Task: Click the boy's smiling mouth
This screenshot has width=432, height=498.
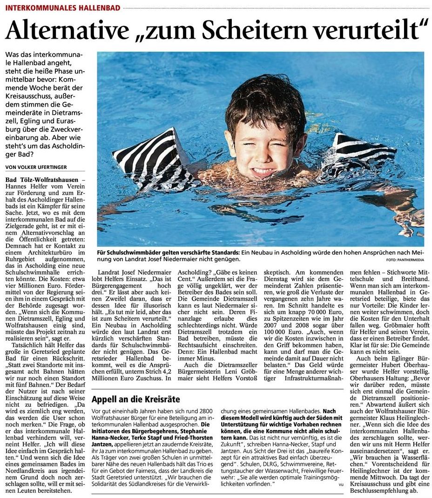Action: (263, 172)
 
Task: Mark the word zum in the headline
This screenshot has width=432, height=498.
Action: (176, 31)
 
